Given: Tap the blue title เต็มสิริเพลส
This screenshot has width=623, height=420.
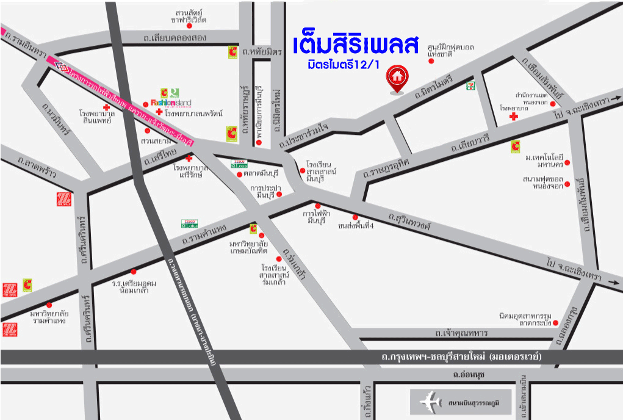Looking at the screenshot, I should [x=356, y=46].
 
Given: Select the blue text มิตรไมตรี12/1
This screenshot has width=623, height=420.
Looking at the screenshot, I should [x=344, y=65].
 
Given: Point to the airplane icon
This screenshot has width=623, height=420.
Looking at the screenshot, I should [x=431, y=402].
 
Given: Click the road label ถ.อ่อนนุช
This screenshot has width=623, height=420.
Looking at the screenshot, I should [x=467, y=374].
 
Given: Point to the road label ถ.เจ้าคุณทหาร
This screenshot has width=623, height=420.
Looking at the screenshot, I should [x=461, y=333].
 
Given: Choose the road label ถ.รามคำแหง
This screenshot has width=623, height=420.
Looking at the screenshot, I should [x=205, y=236].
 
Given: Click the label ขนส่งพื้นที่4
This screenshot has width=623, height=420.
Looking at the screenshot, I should [x=355, y=226].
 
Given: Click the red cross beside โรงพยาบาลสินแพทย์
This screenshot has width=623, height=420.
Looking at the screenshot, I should [x=107, y=107].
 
